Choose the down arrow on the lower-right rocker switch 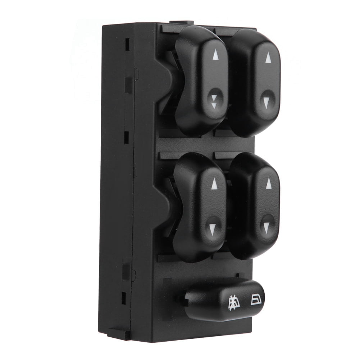[x=266, y=227]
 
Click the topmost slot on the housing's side [x=127, y=44]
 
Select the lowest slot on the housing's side [x=124, y=298]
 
